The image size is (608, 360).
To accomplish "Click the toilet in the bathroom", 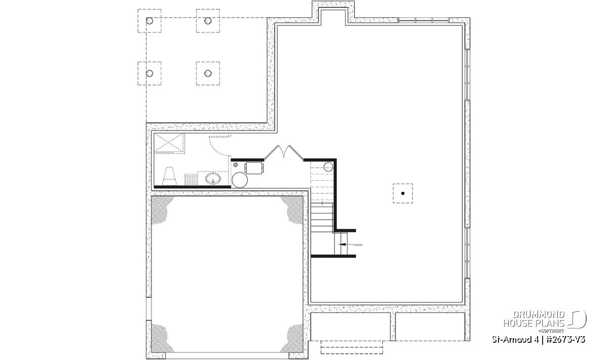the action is tap(169, 176).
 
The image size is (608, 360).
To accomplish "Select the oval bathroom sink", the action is tap(213, 179).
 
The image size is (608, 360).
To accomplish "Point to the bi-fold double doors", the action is tap(284, 152).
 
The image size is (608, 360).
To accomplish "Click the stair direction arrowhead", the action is tap(342, 245).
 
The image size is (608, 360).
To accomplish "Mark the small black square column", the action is tap(403, 193).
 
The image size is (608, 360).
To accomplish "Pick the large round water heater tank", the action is tap(240, 180).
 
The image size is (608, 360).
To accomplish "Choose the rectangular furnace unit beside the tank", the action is tap(254, 168).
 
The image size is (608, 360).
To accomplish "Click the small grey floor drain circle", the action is tap(235, 165).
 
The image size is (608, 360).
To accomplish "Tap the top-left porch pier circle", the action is tap(149, 21).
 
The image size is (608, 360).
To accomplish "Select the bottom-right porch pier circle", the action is tap(208, 73).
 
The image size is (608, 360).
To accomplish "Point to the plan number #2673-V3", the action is tap(565, 340).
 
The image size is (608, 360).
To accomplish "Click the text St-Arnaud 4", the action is tap(516, 340).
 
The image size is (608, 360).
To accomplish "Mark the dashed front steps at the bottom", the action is tap(352, 347).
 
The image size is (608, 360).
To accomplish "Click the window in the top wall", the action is tap(424, 20).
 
